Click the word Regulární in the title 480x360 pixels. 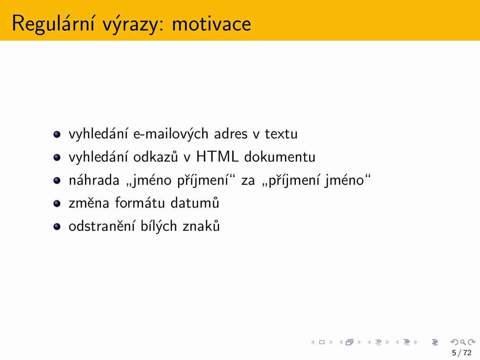pos(53,24)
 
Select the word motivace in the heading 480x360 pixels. pos(211,24)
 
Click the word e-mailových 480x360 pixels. pos(171,133)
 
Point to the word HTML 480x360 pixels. pos(217,157)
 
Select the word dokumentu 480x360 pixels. pos(280,157)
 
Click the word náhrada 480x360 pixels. pos(94,180)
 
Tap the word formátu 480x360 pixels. pos(140,202)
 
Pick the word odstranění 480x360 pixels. pos(102,226)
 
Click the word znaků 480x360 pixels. pos(201,226)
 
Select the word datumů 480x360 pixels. pos(195,202)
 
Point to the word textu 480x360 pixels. pos(281,134)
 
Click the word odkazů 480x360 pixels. pos(156,157)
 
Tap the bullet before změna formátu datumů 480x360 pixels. pos(57,204)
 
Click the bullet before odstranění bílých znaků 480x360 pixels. pos(57,226)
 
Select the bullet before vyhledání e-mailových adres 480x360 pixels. pos(57,134)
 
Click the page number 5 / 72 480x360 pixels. pos(462,352)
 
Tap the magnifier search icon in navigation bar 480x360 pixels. pos(463,342)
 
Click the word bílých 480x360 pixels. pos(159,226)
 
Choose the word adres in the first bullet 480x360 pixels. pos(231,133)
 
